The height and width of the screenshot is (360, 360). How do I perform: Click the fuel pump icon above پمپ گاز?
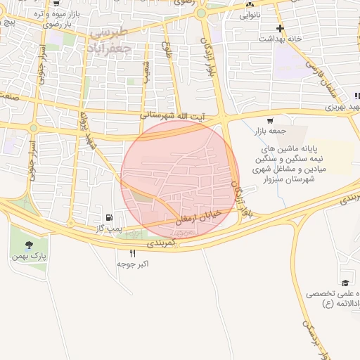[x=108, y=218]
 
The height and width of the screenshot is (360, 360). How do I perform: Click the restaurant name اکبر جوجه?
[x=133, y=264]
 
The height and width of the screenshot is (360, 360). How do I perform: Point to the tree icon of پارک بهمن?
[x=28, y=245]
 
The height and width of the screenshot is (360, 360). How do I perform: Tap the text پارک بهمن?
[x=29, y=257]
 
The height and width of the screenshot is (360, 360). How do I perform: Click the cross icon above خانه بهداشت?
[x=281, y=29]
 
